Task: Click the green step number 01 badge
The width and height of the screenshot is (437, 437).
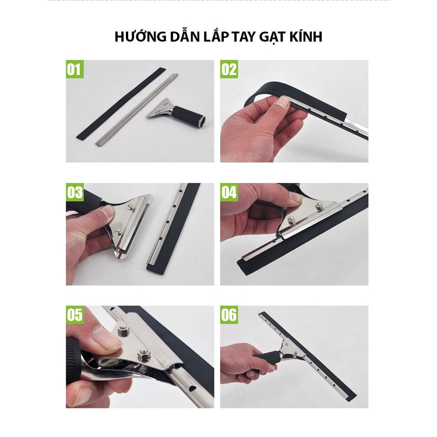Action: (75, 69)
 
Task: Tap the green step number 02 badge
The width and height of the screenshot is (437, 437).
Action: (229, 69)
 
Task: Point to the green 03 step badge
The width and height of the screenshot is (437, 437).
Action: (75, 192)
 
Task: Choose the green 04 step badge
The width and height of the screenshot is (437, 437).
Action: (229, 192)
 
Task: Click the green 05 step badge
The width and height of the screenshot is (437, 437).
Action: (75, 315)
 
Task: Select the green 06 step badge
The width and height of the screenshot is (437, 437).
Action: (229, 315)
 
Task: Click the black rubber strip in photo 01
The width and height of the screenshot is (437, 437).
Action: (121, 104)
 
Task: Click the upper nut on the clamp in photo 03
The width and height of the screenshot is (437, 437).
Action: (130, 206)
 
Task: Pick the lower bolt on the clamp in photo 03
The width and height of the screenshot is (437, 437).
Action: (119, 231)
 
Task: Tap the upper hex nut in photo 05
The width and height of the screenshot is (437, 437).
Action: (122, 331)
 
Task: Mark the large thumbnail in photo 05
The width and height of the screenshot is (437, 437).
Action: (104, 338)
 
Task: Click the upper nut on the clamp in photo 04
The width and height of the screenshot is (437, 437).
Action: (319, 206)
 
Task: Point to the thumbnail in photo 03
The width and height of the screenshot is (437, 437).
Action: (107, 212)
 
